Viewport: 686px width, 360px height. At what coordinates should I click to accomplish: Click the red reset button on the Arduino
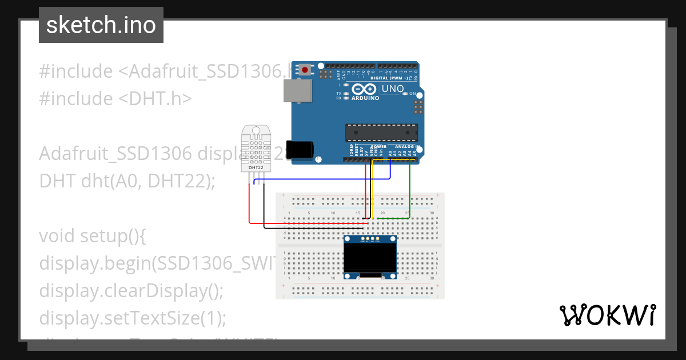305,70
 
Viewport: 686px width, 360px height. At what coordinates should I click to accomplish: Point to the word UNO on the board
392,89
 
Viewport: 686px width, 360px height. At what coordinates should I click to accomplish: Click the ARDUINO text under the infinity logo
365,98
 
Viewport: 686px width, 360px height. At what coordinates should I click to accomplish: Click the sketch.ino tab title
101,25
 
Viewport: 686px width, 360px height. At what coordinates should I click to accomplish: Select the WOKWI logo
607,315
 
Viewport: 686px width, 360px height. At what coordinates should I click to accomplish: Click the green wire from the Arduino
410,189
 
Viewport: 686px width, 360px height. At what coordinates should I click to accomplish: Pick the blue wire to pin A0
320,179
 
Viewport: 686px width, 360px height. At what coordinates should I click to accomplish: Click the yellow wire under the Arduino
373,189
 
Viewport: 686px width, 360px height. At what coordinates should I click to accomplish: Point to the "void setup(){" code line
93,236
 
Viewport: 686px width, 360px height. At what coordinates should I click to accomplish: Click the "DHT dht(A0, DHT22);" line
127,181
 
